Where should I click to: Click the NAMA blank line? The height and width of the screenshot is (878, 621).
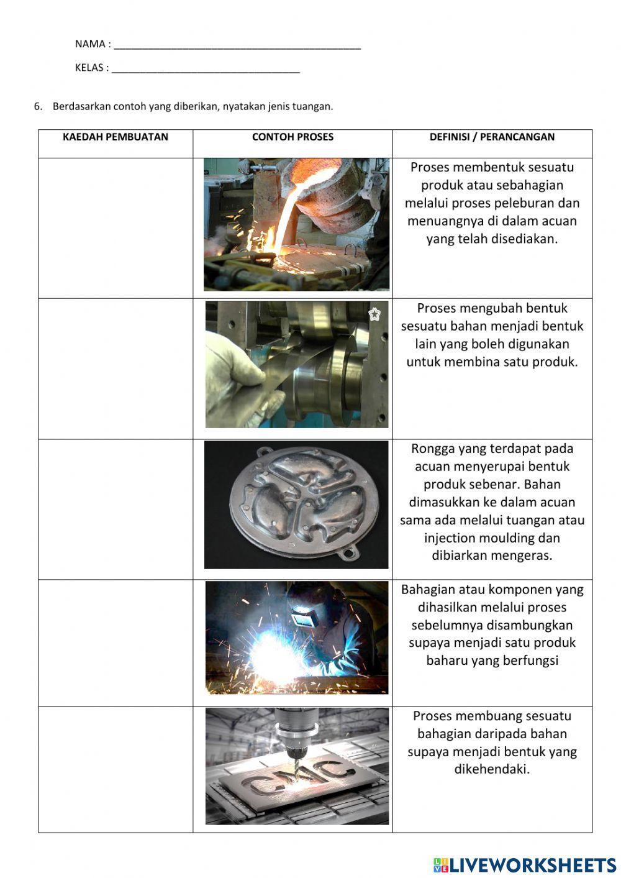point(237,46)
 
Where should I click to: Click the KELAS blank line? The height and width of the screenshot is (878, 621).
point(206,70)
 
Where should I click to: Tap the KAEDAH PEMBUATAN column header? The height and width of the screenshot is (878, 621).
point(116,137)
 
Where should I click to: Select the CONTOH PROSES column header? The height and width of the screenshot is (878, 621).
point(292,137)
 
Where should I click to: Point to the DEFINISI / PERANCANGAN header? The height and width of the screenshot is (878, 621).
point(492,137)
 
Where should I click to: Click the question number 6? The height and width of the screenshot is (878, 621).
point(38,106)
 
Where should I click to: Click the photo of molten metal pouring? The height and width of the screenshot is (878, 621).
point(296,224)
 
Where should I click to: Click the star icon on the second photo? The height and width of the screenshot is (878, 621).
point(374,314)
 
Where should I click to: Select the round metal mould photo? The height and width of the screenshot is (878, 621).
point(296,504)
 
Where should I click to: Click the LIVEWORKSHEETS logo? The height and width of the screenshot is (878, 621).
point(525,865)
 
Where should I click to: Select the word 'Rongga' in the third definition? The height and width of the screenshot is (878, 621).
point(433,449)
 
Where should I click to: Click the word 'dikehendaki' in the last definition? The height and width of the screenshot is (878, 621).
point(492,769)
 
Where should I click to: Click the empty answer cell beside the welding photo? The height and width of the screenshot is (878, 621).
point(116,642)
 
